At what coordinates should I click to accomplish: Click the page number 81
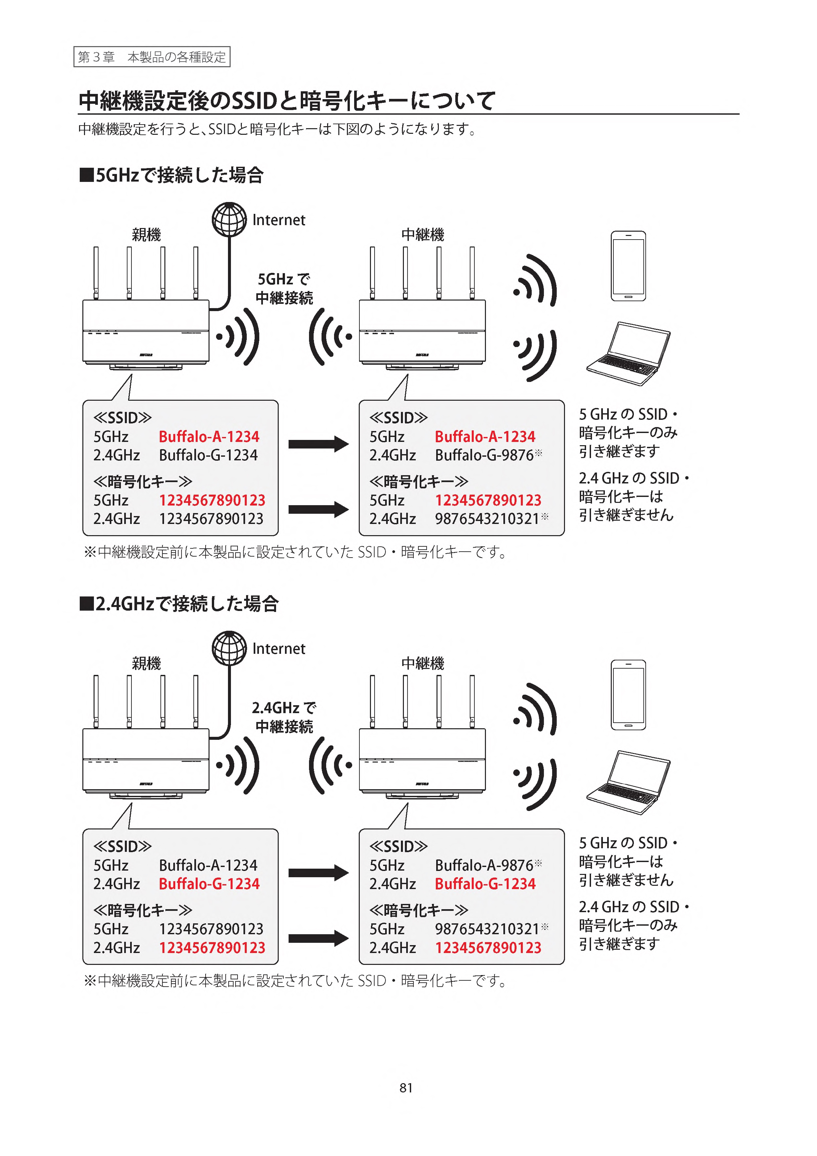[406, 1087]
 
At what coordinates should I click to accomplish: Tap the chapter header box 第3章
[152, 57]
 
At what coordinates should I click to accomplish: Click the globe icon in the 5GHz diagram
[229, 219]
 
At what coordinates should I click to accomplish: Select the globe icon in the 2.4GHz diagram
[229, 648]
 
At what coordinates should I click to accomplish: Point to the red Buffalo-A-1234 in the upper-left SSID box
[209, 437]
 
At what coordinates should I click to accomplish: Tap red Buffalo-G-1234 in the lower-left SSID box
[209, 883]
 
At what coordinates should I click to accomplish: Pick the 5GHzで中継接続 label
[284, 288]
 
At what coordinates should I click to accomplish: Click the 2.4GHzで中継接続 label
[284, 717]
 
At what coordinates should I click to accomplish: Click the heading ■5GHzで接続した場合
[172, 175]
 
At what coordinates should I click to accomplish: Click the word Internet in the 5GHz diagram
[278, 220]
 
